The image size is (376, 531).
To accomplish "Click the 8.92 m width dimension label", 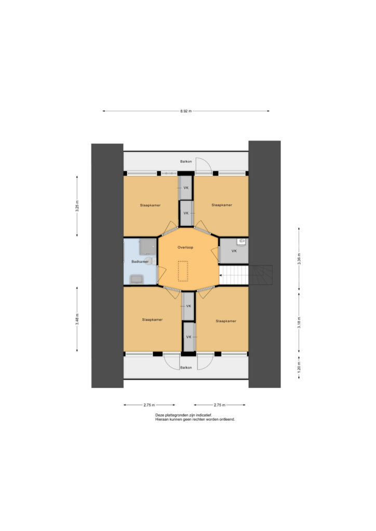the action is click(186, 111).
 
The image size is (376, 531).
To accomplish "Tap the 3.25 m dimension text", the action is click(77, 206).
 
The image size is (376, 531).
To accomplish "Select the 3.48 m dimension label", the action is click(77, 319).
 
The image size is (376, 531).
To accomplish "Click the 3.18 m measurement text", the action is click(299, 323).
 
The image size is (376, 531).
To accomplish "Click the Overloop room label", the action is click(185, 247).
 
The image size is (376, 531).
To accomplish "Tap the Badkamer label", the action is click(140, 261).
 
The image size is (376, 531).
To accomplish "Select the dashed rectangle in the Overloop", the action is click(183, 271).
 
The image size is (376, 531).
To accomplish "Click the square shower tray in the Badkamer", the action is click(147, 246).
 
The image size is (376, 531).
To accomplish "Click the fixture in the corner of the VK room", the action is click(241, 242).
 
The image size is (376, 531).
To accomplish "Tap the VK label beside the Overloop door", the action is click(234, 251).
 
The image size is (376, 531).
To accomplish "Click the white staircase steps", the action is click(234, 275).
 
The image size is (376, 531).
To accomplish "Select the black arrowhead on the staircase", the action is click(220, 275).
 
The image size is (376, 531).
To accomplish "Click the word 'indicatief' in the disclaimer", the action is click(204, 415).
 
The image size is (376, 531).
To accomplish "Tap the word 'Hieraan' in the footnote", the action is click(162, 419).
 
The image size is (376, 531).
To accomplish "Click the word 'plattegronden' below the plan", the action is click(176, 415).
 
